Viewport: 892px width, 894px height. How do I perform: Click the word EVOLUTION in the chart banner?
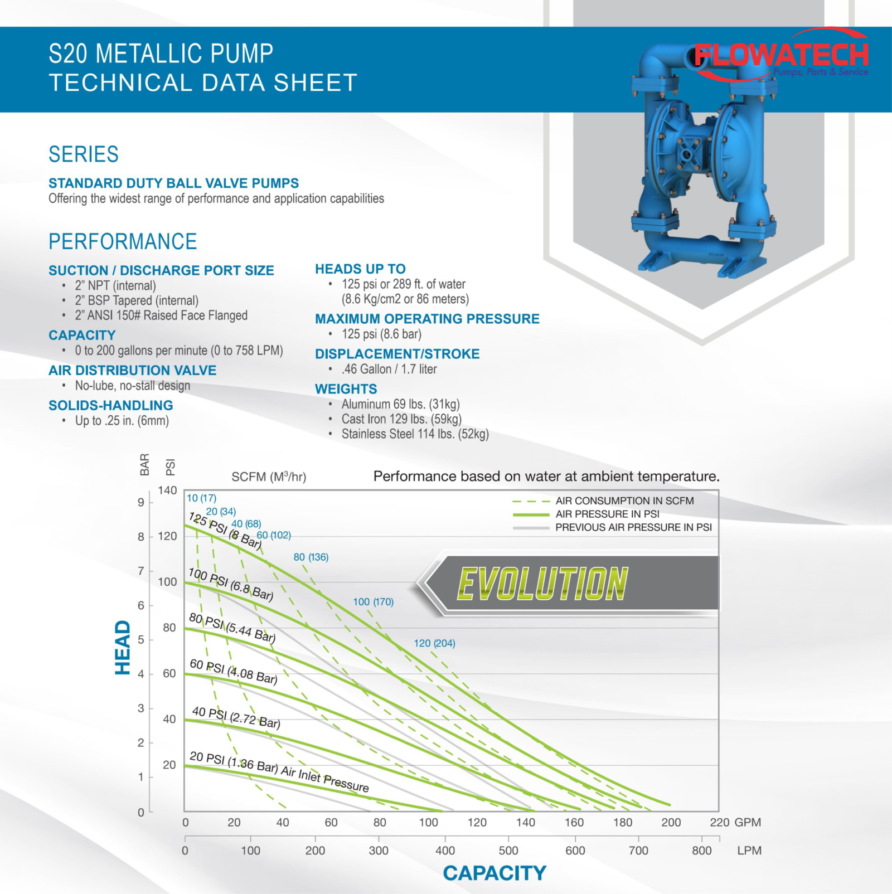[x=542, y=584]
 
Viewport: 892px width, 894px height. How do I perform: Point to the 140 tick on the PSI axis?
[x=167, y=490]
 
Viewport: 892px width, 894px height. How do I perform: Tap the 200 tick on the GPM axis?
[x=671, y=822]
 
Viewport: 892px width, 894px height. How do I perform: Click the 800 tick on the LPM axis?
[x=701, y=851]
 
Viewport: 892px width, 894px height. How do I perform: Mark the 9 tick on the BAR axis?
[x=141, y=502]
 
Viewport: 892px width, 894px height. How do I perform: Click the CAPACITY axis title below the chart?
[x=495, y=873]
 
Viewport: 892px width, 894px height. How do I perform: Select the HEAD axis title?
[x=122, y=648]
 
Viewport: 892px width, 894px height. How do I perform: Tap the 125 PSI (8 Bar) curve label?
[x=225, y=531]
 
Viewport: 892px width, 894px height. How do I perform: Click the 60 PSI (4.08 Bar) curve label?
[x=234, y=672]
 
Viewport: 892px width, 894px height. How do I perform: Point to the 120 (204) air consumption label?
[x=434, y=643]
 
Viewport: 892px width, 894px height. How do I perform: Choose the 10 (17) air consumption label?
[x=201, y=498]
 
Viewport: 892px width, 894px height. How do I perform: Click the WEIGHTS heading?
[x=346, y=389]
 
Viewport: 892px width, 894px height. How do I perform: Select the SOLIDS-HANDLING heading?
[x=110, y=405]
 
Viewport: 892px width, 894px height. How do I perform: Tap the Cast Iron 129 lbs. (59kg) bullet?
[x=401, y=419]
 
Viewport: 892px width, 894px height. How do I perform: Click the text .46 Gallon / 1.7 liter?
[x=389, y=369]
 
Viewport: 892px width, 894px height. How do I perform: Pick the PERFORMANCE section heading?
[x=123, y=241]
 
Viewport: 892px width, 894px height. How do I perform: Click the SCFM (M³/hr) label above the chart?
[x=269, y=477]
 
